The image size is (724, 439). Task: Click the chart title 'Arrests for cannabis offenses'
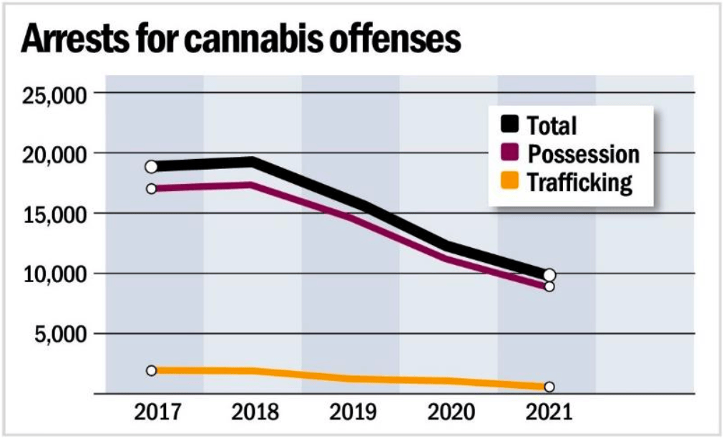point(240,40)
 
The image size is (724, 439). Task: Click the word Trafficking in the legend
point(580,183)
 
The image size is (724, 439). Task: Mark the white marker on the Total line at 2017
point(151,167)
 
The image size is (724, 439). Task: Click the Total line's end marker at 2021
point(549,275)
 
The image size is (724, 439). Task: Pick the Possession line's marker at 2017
point(151,189)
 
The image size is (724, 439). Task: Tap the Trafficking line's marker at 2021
point(549,387)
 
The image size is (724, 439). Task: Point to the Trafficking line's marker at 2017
point(151,370)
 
